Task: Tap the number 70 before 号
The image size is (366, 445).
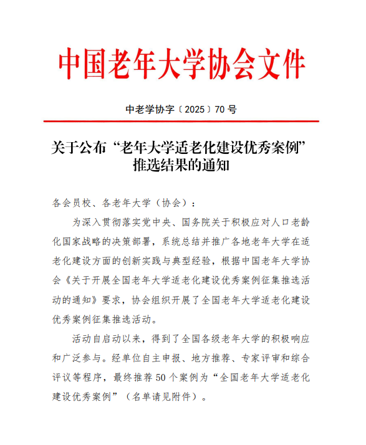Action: click(x=219, y=110)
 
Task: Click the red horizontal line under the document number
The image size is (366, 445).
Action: click(x=183, y=123)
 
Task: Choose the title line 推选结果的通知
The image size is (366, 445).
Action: click(x=183, y=166)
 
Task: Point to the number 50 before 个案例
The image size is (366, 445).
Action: click(x=162, y=377)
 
